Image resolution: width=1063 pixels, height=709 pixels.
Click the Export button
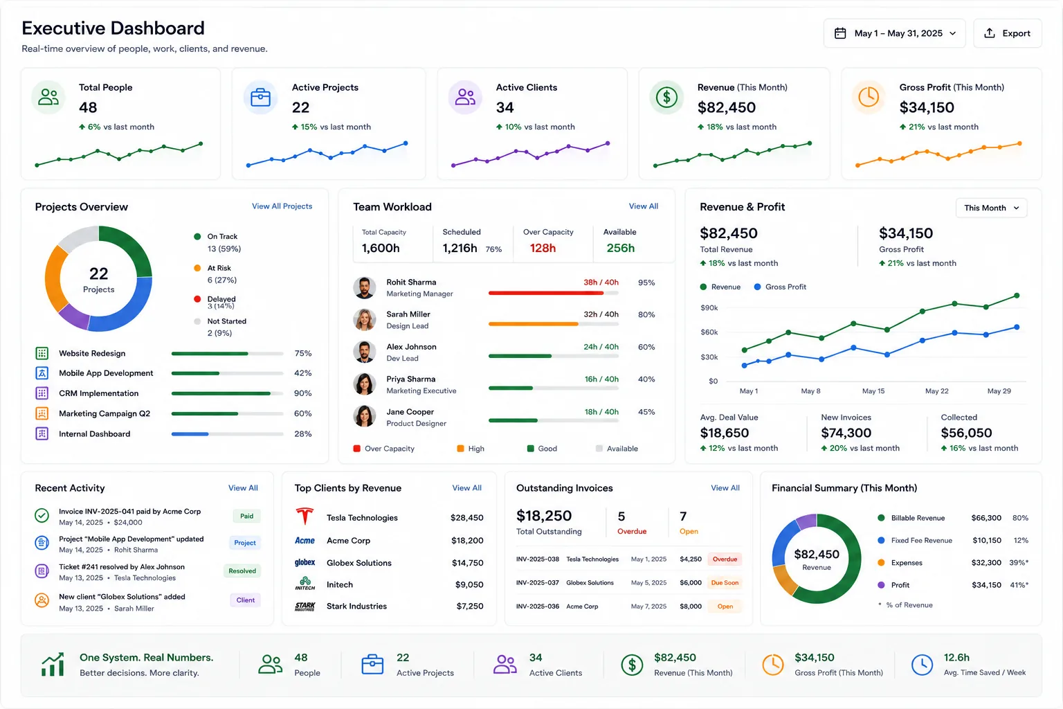pyautogui.click(x=1007, y=33)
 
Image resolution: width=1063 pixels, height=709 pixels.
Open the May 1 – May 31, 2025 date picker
pyautogui.click(x=894, y=33)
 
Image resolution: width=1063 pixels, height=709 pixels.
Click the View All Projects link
pyautogui.click(x=282, y=206)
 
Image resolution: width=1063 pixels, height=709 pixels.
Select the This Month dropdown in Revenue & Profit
pyautogui.click(x=991, y=208)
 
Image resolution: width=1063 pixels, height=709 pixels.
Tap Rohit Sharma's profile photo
pyautogui.click(x=365, y=287)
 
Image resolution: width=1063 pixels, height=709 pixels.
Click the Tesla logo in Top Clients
pyautogui.click(x=305, y=517)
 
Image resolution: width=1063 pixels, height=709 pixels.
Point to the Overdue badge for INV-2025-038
pyautogui.click(x=725, y=559)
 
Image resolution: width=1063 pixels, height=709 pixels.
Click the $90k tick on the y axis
pyautogui.click(x=709, y=307)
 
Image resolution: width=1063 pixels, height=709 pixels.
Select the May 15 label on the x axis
pyautogui.click(x=873, y=391)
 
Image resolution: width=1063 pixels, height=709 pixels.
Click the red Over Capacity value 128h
pyautogui.click(x=543, y=248)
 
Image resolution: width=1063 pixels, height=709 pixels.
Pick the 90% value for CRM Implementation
pyautogui.click(x=302, y=393)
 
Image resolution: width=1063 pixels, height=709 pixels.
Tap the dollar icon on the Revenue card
pyautogui.click(x=666, y=98)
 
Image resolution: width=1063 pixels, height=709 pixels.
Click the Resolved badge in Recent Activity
pyautogui.click(x=242, y=571)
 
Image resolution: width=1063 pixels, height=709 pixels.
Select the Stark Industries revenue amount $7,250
pyautogui.click(x=470, y=606)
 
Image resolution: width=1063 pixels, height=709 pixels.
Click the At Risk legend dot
pyautogui.click(x=197, y=268)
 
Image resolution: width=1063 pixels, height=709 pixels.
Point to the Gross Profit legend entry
pyautogui.click(x=780, y=287)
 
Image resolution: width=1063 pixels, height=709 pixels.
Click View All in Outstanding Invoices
pyautogui.click(x=725, y=487)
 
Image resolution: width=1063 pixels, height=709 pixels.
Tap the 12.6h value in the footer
pyautogui.click(x=956, y=657)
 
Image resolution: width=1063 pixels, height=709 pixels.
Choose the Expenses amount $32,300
pyautogui.click(x=986, y=562)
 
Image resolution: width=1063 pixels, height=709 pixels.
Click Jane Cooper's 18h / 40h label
pyautogui.click(x=601, y=412)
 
